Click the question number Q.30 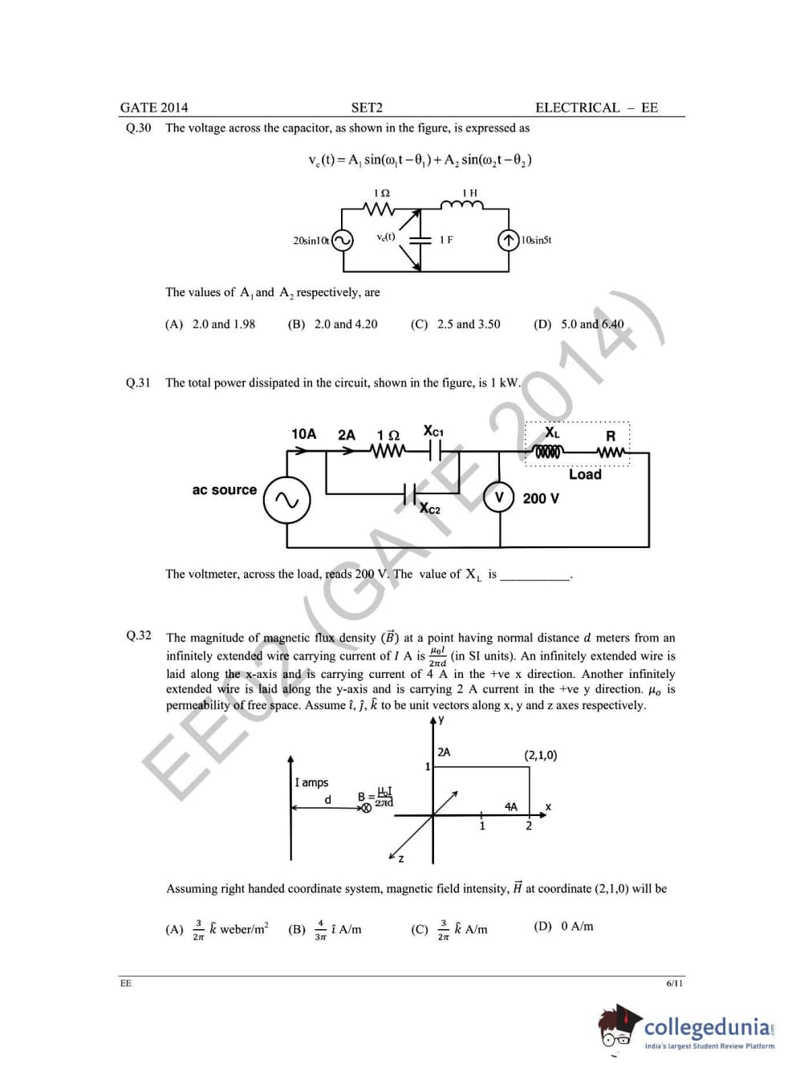click(x=138, y=128)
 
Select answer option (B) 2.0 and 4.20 click(x=332, y=324)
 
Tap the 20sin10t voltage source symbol click(x=343, y=241)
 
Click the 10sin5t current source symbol click(x=508, y=241)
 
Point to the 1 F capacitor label click(x=446, y=240)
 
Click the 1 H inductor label click(x=469, y=193)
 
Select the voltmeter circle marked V click(x=499, y=497)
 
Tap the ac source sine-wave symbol click(x=286, y=500)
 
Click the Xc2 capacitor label click(x=430, y=509)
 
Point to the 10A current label click(x=303, y=434)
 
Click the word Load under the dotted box click(x=585, y=474)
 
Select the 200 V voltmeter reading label click(x=541, y=498)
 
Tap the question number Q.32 click(x=138, y=635)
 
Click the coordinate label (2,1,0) click(x=540, y=755)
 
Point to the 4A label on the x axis click(x=511, y=806)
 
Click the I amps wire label click(x=311, y=782)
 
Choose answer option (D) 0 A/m click(x=563, y=927)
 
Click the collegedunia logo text click(x=709, y=1026)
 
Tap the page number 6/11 click(x=674, y=983)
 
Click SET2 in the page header click(x=367, y=108)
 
